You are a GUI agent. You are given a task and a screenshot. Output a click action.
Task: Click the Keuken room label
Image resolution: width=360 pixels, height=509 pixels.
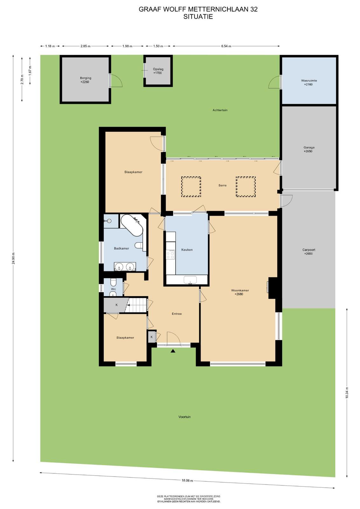[187, 250]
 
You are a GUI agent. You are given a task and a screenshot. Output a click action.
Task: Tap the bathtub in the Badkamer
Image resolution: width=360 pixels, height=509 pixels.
[132, 225]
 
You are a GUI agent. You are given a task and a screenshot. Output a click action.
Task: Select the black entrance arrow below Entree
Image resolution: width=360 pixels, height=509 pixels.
[173, 351]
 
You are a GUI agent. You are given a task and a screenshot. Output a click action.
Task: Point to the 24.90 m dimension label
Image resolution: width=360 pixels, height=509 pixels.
[13, 259]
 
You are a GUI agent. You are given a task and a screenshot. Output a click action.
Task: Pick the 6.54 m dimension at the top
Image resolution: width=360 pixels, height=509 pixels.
[226, 46]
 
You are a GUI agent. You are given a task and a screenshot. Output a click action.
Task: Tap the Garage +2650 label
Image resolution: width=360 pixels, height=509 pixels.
[309, 149]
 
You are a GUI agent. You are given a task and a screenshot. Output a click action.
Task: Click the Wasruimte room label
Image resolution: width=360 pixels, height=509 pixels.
[309, 80]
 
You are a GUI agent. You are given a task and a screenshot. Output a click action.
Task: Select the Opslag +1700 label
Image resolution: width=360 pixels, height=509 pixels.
[158, 71]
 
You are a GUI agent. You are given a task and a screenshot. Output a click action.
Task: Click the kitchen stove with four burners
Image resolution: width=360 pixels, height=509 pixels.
[170, 254]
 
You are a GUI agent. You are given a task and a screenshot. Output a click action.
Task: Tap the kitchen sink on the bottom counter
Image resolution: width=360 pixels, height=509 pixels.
[190, 280]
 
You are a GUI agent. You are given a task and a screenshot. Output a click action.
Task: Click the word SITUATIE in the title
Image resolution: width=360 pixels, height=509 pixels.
[198, 17]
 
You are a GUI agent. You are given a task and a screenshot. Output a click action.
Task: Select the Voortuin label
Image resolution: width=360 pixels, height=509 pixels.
[184, 417]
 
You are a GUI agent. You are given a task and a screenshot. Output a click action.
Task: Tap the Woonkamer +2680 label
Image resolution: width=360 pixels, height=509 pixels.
[240, 292]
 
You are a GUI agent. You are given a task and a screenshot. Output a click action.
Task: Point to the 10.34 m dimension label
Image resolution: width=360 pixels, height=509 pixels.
[347, 393]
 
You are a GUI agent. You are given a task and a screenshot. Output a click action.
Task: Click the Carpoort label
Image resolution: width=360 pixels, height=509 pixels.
[309, 250]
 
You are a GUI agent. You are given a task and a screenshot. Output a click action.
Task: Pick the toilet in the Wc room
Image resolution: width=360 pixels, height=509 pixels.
[113, 283]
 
